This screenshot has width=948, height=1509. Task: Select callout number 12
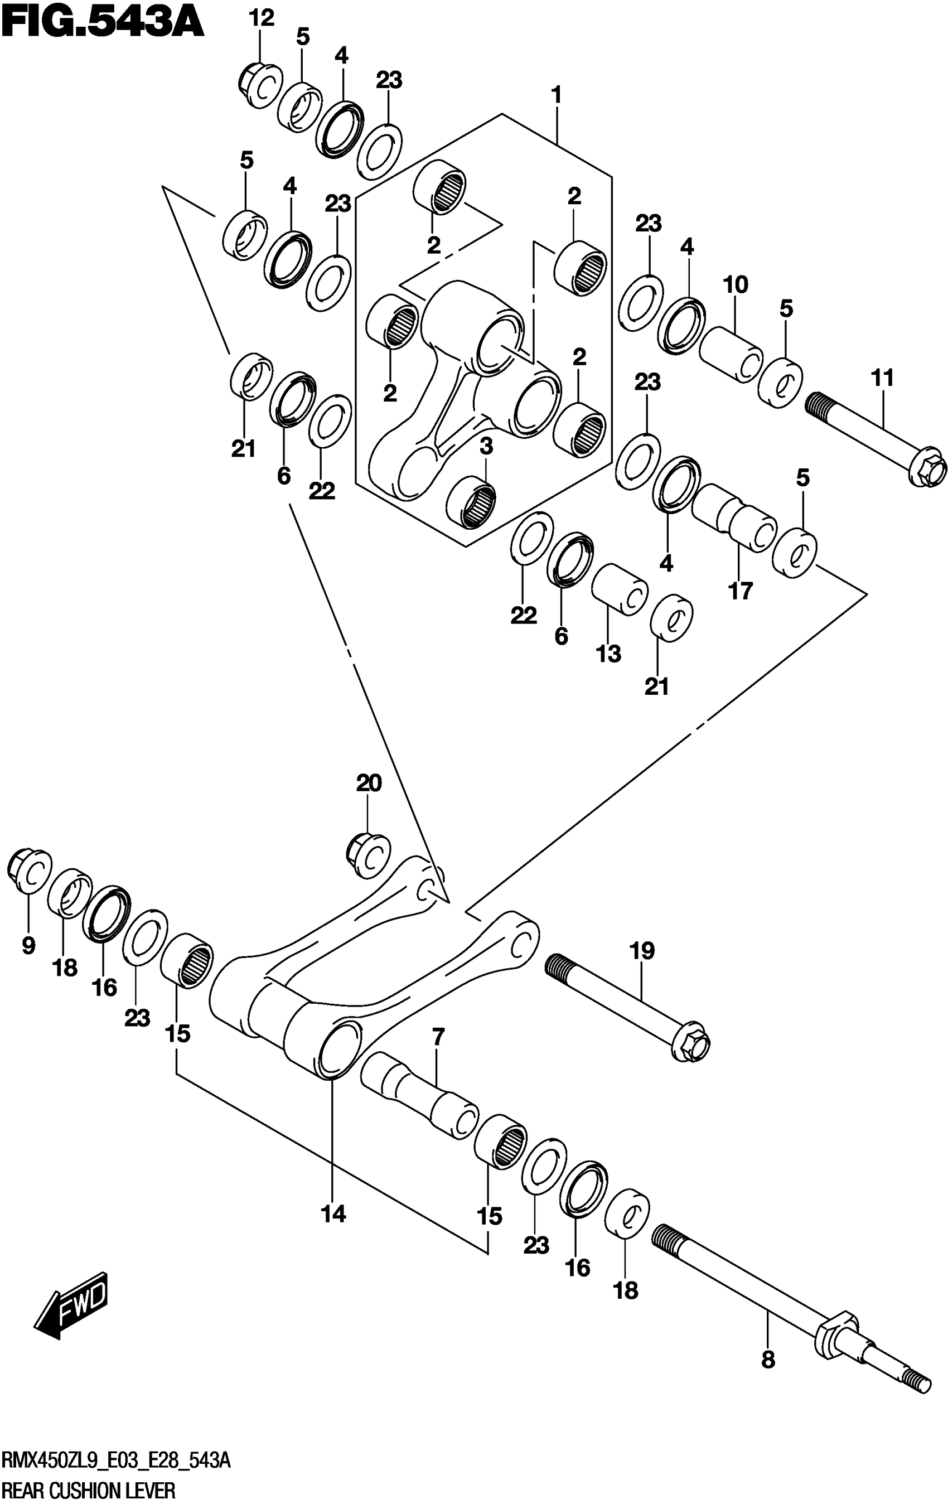262,19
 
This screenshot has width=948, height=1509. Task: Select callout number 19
642,951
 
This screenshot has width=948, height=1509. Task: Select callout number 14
333,1214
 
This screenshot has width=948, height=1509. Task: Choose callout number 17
740,591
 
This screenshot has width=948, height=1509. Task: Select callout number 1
555,96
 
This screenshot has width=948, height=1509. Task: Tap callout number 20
369,783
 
